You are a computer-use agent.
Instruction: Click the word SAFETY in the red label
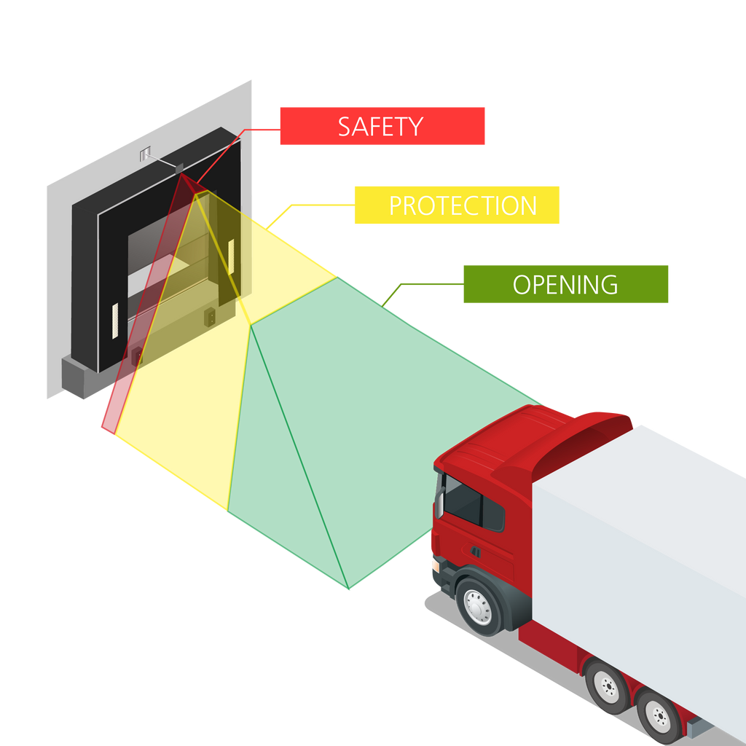point(380,127)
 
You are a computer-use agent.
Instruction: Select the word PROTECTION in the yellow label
point(463,205)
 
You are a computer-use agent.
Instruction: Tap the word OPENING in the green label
point(565,284)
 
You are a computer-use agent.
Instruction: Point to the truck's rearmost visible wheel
point(659,717)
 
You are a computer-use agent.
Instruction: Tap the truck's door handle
point(475,551)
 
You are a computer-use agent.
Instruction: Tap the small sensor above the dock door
point(179,168)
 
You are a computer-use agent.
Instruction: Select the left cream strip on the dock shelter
point(114,321)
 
